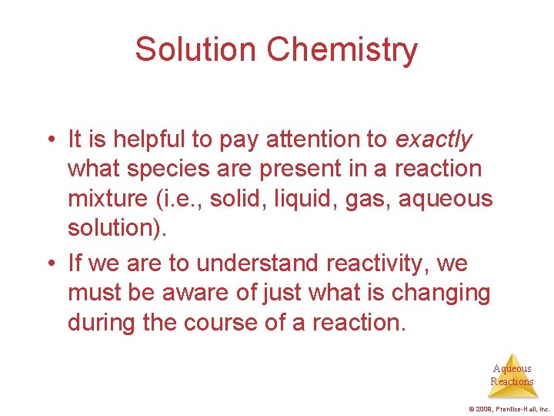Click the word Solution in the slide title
tap(195, 49)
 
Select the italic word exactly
tap(433, 139)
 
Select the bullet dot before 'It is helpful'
tap(48, 140)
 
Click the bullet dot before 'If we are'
tap(48, 264)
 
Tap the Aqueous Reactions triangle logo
tap(512, 375)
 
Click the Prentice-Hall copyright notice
tap(509, 408)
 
